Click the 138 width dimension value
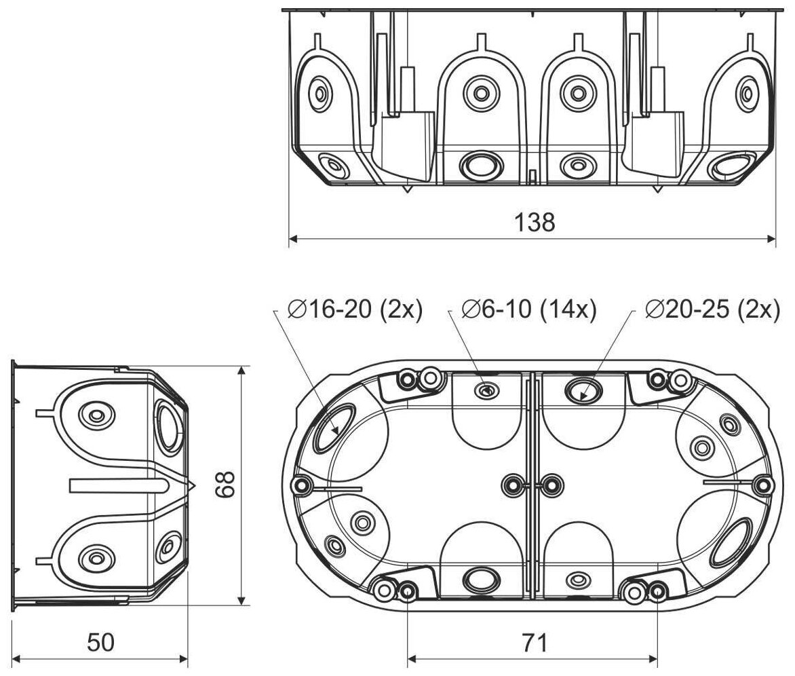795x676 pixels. pos(534,222)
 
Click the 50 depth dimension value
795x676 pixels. pos(100,642)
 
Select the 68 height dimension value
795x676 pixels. pos(226,485)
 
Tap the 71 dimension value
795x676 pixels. pos(533,641)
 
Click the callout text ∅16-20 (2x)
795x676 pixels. pos(354,309)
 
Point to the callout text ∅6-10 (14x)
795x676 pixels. pos(528,309)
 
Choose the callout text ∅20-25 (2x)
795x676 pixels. pos(712,309)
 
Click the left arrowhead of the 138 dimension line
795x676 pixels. pos(294,239)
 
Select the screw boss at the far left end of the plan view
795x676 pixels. pos(300,485)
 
